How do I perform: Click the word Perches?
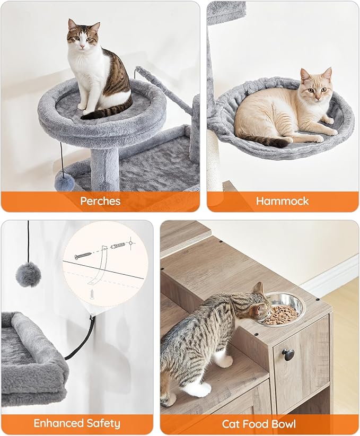pyautogui.click(x=100, y=201)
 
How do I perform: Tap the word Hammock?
pyautogui.click(x=282, y=201)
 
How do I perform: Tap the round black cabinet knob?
pyautogui.click(x=289, y=354)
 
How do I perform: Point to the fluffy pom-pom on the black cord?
pyautogui.click(x=28, y=274)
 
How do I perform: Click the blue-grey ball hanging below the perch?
pyautogui.click(x=64, y=181)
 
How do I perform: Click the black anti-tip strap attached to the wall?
pyautogui.click(x=82, y=340)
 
